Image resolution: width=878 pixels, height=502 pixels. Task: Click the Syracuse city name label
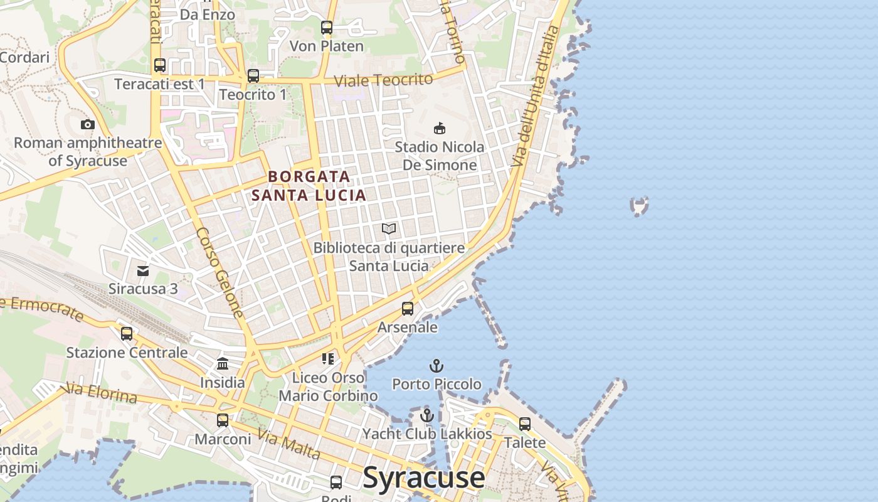(424, 478)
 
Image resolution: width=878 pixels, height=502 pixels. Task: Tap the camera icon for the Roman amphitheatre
(88, 124)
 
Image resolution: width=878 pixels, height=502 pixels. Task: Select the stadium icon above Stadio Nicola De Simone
(440, 128)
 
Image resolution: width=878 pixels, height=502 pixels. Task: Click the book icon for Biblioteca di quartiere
(389, 228)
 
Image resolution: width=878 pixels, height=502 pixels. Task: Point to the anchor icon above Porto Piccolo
(436, 365)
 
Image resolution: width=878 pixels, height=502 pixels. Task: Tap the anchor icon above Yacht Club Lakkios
(426, 415)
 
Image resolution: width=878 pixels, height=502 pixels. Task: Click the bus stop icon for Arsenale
(408, 308)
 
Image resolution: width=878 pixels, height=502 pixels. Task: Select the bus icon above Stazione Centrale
(127, 333)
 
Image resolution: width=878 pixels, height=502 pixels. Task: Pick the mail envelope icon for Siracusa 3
(143, 270)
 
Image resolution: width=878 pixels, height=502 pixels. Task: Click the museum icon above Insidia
(223, 363)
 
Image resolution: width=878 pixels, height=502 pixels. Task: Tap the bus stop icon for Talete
(525, 424)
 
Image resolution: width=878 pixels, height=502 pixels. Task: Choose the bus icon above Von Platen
(326, 28)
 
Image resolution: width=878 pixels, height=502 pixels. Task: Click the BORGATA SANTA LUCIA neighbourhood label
(309, 186)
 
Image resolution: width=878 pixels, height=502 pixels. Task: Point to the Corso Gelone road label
(219, 271)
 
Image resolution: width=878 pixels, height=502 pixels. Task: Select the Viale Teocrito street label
(383, 80)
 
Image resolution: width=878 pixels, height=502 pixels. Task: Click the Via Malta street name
(289, 445)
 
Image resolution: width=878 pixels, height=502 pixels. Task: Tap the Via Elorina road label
(100, 394)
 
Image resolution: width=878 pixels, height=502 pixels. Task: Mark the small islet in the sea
(639, 205)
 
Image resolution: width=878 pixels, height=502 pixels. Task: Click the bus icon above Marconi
(223, 420)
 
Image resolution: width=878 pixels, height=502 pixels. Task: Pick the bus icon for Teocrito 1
(253, 76)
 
